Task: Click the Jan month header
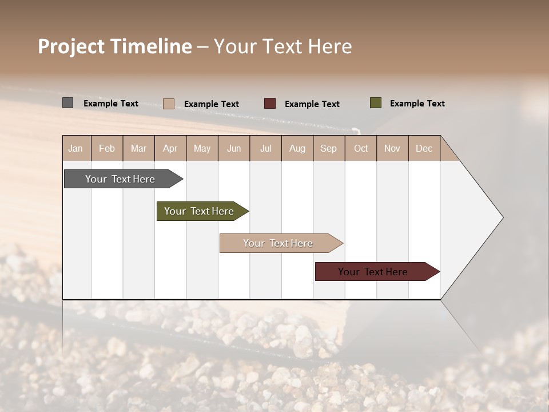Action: coord(76,148)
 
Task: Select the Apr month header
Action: coord(170,148)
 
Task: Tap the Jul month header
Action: coord(265,148)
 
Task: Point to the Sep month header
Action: coord(329,148)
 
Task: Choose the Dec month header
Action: coord(424,148)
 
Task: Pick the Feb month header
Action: coord(107,148)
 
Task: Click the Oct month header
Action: coord(361,148)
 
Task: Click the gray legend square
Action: coord(68,103)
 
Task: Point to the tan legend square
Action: coord(169,104)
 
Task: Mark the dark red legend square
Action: coord(270,104)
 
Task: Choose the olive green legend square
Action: coord(375,103)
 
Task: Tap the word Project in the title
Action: coord(71,46)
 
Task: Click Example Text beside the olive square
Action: coord(417,104)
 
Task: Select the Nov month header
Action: coord(392,148)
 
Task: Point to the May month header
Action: coord(202,148)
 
